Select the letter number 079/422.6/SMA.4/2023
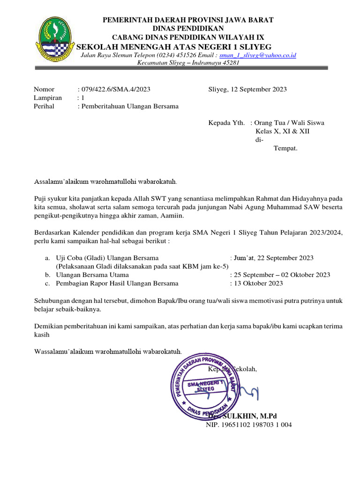(116, 89)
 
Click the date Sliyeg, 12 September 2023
(247, 89)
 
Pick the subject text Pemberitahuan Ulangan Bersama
(130, 106)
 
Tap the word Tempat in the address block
(285, 148)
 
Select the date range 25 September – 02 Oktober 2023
(282, 275)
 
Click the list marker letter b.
(47, 275)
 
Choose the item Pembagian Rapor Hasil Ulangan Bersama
(117, 283)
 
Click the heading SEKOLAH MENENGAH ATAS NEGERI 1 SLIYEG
(173, 46)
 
